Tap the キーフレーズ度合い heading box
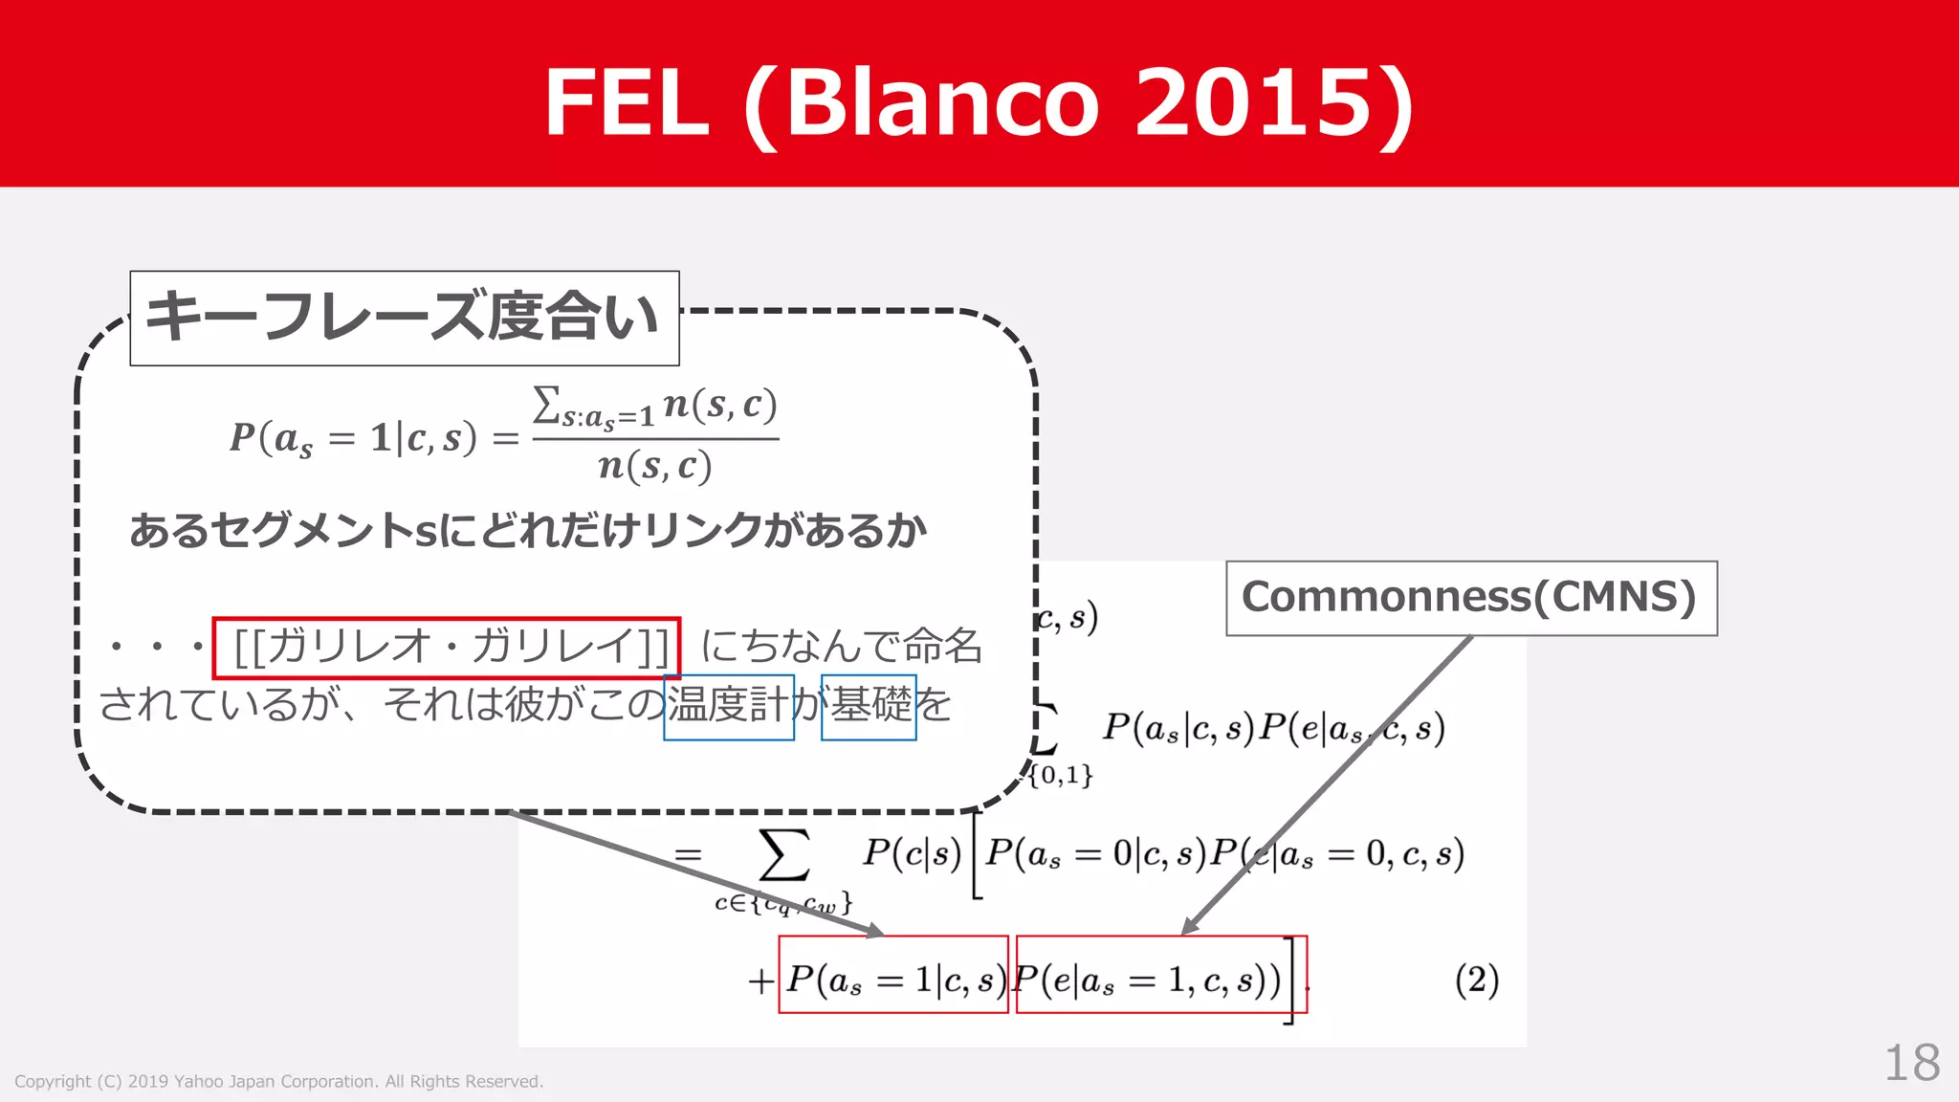[x=404, y=318]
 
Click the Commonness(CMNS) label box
[x=1471, y=598]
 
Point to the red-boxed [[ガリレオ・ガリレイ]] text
[x=447, y=647]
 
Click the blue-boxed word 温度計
[x=729, y=707]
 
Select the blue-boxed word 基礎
[x=869, y=707]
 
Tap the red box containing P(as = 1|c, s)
[x=893, y=975]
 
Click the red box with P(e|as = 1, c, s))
[x=1160, y=975]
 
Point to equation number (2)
[x=1476, y=981]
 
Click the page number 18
[x=1911, y=1063]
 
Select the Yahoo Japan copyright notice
[x=278, y=1082]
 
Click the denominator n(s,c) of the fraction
[x=655, y=467]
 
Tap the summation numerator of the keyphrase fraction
[x=655, y=407]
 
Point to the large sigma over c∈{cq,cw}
[x=783, y=854]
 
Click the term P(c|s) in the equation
[x=912, y=852]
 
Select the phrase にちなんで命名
[x=842, y=647]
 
